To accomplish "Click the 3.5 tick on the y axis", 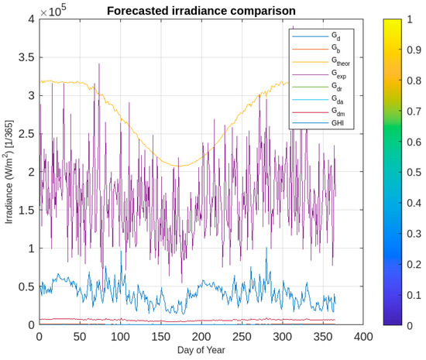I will pyautogui.click(x=26, y=57).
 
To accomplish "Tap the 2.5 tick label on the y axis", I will pyautogui.click(x=26, y=134).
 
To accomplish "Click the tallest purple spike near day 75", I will pyautogui.click(x=99, y=63).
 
